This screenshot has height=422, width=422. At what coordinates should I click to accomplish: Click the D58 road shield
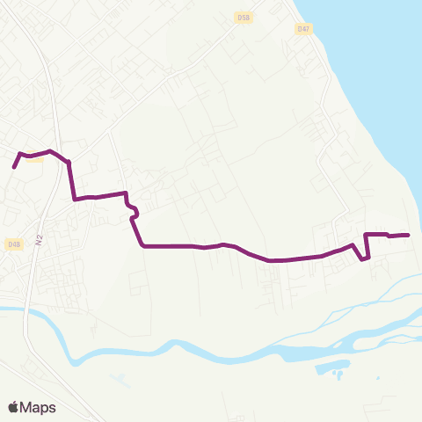point(244,17)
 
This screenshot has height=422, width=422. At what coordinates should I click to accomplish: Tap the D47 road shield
point(303,29)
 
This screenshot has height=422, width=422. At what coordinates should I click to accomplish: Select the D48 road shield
point(13,244)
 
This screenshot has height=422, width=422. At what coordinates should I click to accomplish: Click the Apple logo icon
point(13,407)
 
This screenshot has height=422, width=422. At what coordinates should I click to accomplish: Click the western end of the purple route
point(14,166)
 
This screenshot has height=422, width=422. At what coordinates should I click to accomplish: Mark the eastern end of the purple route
point(409,235)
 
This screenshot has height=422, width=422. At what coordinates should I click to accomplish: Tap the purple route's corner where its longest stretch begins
point(143,246)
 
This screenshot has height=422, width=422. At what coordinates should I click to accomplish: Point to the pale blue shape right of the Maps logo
point(119,380)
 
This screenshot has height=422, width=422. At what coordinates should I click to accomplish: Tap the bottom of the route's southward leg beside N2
point(74,199)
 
